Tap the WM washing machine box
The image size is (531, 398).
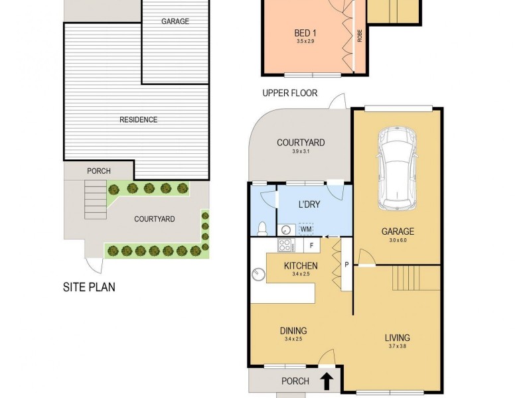point(306,230)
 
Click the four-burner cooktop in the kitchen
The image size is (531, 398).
point(286,245)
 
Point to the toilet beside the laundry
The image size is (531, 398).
point(263,228)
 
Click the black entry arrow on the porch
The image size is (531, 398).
point(327,381)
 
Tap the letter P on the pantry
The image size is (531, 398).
point(346,265)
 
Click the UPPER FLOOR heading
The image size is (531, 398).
point(289,93)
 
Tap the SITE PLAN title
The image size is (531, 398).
point(90,288)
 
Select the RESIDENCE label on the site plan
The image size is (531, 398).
point(138,120)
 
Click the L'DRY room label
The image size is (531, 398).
point(309,205)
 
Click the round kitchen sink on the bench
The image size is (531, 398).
point(258,273)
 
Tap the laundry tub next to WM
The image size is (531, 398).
point(286,230)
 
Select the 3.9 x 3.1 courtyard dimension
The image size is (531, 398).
point(300,152)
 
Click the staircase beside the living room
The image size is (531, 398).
point(416,277)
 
